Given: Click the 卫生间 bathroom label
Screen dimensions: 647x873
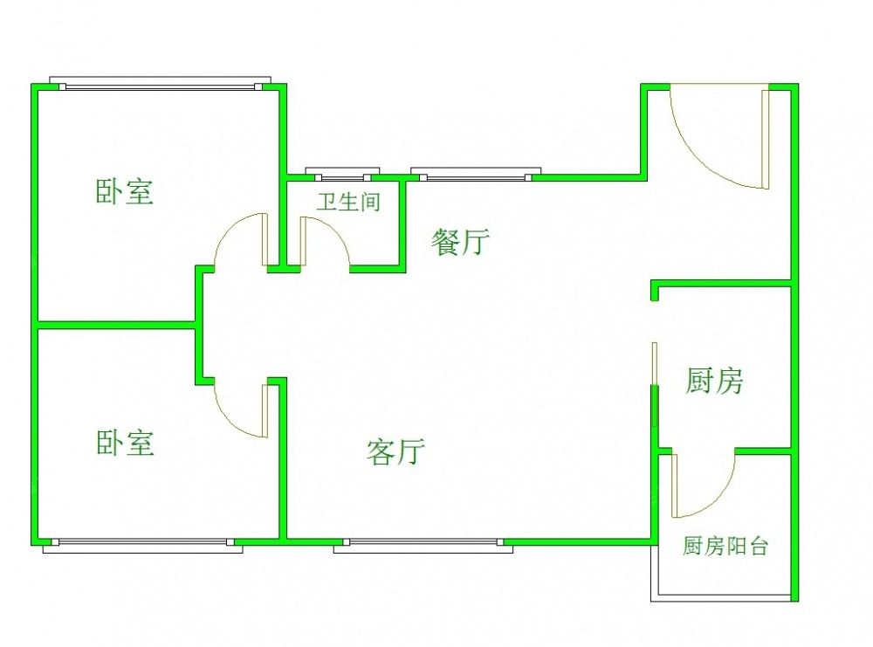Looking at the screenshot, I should [x=348, y=203].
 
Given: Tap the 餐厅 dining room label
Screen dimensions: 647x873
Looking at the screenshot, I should [x=460, y=242].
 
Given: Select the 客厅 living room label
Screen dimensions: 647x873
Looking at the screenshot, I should [x=395, y=451].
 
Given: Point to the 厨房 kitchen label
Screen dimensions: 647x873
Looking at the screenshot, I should [x=713, y=381].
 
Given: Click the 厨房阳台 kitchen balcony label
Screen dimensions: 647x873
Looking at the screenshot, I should [x=725, y=547].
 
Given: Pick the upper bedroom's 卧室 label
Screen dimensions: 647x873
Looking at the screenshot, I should [x=125, y=192].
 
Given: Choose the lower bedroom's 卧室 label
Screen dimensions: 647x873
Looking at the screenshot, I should [x=125, y=443].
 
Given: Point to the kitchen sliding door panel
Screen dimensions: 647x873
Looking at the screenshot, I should [x=655, y=384].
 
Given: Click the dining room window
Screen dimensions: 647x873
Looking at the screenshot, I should [x=476, y=175].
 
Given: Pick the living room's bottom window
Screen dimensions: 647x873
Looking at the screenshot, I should [x=419, y=544].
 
